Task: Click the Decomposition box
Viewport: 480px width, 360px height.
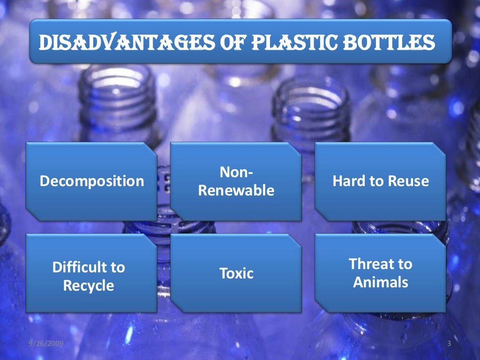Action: coord(91,181)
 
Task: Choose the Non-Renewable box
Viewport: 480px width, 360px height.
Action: coord(236,181)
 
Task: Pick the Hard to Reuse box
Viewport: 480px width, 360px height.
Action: coord(380,181)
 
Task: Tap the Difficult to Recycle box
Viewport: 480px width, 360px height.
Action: coord(91,273)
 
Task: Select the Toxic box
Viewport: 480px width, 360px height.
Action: coord(236,273)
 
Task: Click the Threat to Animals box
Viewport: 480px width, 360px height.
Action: coord(380,273)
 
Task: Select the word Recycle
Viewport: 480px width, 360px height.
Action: coord(89,285)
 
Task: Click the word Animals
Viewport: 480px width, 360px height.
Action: coord(381,283)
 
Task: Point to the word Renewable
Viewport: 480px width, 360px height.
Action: coord(236,191)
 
